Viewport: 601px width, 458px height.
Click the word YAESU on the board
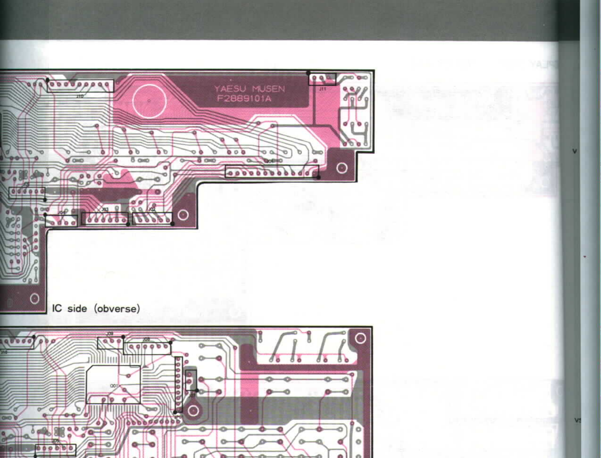pos(230,89)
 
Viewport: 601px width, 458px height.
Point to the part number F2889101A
pos(244,99)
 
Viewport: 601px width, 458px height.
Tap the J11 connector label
pos(322,89)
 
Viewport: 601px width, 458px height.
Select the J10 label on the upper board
pos(80,96)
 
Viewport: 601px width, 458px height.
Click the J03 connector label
pos(105,209)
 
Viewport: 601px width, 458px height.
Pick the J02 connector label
pos(151,209)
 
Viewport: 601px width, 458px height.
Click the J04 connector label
pos(61,213)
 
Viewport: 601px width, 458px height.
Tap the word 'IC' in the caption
pos(57,309)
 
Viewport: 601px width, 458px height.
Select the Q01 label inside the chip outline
pos(114,386)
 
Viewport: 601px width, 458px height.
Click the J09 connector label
pos(110,334)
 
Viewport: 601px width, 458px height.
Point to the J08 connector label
pos(146,339)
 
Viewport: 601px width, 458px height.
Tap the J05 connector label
pos(55,441)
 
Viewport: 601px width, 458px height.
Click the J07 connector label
pos(192,396)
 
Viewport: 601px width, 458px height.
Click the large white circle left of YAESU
pos(149,101)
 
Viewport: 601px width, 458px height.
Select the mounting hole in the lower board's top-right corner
pos(360,338)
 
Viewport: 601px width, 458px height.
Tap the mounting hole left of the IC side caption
pos(35,298)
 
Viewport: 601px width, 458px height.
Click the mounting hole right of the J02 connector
pos(183,215)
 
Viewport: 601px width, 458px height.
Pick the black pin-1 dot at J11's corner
pos(308,73)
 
